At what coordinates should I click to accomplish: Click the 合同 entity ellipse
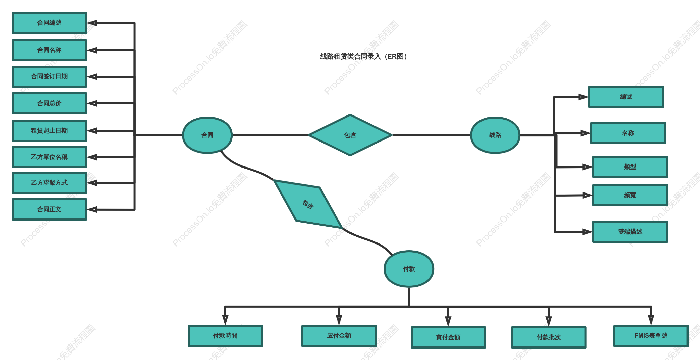[x=207, y=135]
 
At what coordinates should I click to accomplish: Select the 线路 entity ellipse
[x=495, y=135]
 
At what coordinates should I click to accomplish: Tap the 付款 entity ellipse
[x=409, y=269]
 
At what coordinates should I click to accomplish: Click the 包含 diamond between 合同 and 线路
[x=350, y=135]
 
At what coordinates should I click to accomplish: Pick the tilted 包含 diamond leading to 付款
[x=308, y=204]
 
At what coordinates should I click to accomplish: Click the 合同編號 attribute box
[x=50, y=23]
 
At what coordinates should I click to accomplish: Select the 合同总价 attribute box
[x=50, y=103]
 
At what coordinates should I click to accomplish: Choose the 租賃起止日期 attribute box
[x=50, y=131]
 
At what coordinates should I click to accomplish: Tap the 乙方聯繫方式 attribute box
[x=50, y=183]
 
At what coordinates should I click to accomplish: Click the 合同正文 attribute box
[x=50, y=209]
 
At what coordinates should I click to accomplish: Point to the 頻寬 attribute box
[x=630, y=195]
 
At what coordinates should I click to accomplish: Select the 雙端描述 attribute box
[x=630, y=232]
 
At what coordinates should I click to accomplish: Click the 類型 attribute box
[x=630, y=167]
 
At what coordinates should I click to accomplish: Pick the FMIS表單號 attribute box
[x=651, y=336]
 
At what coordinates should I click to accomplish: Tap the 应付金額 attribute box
[x=339, y=336]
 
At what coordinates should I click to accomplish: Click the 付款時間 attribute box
[x=226, y=336]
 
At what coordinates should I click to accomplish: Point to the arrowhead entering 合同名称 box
[x=92, y=50]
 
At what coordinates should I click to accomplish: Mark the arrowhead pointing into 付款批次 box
[x=549, y=321]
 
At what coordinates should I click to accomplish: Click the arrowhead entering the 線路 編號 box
[x=584, y=97]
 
